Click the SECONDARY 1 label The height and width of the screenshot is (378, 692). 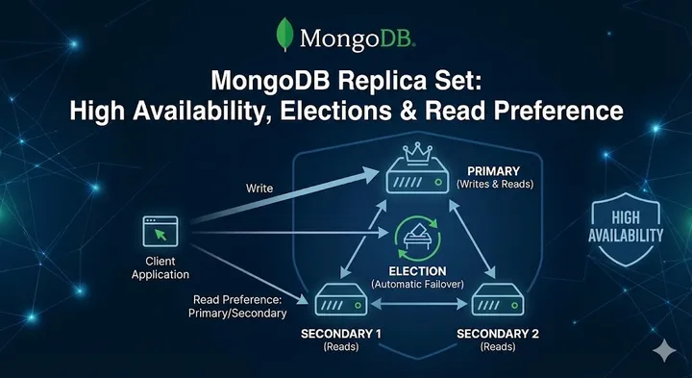(340, 334)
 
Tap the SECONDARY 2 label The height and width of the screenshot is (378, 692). (498, 334)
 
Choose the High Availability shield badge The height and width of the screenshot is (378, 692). (625, 227)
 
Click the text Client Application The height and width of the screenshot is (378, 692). (161, 268)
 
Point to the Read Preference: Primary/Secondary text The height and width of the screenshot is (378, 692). (239, 305)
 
